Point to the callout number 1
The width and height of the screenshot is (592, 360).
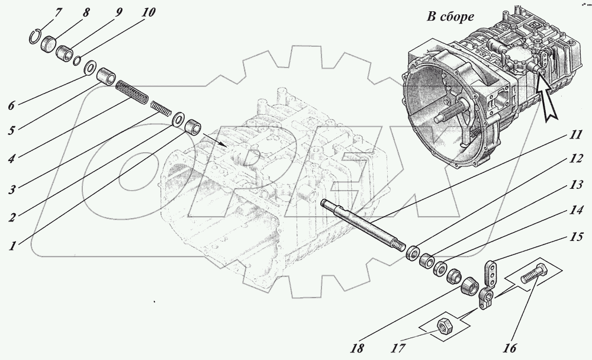tap(11, 245)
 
